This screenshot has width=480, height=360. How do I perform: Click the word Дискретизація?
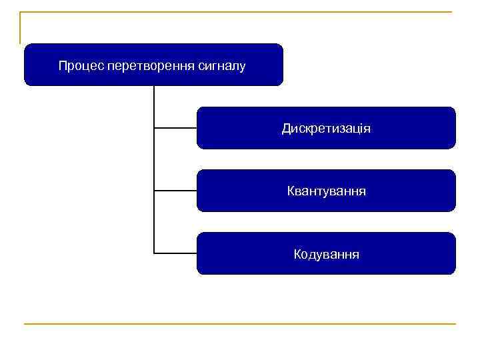click(x=326, y=128)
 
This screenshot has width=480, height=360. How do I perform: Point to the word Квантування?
click(x=326, y=191)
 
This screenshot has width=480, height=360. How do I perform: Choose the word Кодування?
click(x=326, y=254)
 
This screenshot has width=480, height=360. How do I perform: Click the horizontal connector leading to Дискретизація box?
click(x=175, y=127)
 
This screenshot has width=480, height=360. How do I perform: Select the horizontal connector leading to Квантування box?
click(x=175, y=191)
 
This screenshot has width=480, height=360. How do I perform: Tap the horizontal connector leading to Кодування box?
click(x=175, y=253)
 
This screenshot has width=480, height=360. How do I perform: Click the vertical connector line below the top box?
click(x=154, y=160)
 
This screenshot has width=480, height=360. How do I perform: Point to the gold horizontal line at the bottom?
click(x=240, y=324)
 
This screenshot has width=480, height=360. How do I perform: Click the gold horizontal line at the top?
click(x=240, y=12)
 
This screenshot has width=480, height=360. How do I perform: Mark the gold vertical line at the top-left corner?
click(x=20, y=27)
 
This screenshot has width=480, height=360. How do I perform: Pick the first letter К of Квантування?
click(x=291, y=191)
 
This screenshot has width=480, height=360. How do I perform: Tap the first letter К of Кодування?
click(x=297, y=254)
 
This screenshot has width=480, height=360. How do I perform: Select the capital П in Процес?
click(x=62, y=65)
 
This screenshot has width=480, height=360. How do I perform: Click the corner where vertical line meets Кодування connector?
click(x=154, y=253)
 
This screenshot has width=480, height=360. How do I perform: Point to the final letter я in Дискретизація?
click(x=367, y=128)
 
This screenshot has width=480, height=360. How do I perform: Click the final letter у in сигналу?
click(x=243, y=66)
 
